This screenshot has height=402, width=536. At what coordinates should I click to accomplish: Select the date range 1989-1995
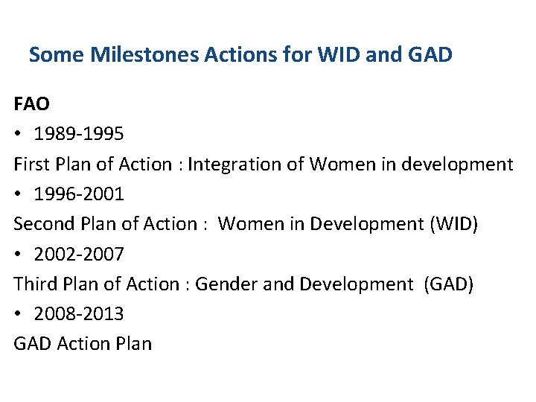79,134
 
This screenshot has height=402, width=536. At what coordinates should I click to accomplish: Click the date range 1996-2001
79,194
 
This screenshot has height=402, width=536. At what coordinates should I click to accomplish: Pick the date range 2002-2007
79,254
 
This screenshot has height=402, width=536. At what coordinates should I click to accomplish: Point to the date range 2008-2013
79,313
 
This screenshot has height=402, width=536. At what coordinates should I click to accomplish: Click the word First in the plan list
31,164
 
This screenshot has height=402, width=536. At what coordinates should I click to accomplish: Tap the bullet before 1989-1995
19,135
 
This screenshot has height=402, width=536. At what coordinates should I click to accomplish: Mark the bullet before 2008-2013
19,314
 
